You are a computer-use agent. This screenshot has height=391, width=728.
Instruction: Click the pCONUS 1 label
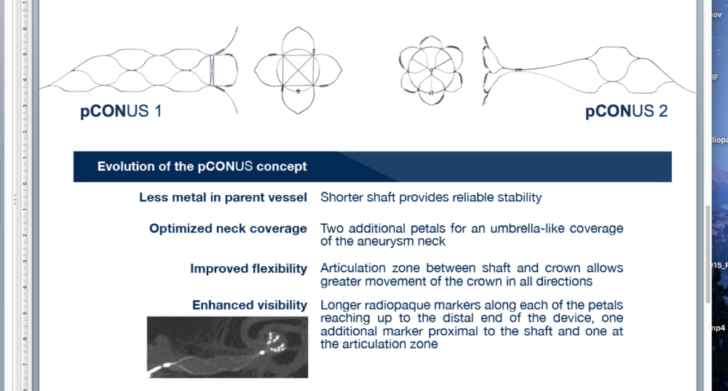click(x=121, y=111)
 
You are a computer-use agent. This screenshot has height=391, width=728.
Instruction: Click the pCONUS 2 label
click(x=626, y=111)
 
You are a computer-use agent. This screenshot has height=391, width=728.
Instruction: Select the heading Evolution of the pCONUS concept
click(x=202, y=166)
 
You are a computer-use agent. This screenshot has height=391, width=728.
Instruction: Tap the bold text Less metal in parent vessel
click(x=223, y=197)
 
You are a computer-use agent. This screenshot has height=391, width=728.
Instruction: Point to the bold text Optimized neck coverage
click(x=228, y=229)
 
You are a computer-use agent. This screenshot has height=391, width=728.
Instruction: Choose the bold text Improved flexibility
click(x=248, y=269)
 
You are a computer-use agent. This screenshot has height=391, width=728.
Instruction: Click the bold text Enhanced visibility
click(x=250, y=305)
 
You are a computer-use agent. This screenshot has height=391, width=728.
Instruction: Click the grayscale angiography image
click(x=227, y=347)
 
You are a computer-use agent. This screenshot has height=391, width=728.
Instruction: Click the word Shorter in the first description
click(x=341, y=197)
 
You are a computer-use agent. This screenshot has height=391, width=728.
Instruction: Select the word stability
click(x=520, y=197)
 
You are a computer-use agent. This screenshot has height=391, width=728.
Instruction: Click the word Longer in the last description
click(x=341, y=306)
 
